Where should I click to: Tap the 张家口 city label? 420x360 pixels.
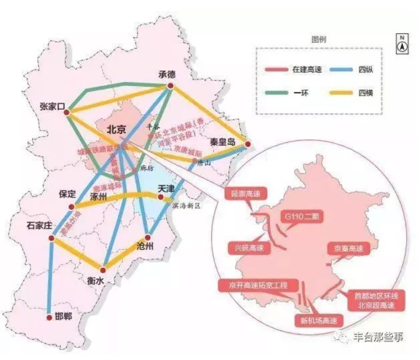[x=51, y=106]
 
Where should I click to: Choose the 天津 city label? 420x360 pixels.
[x=163, y=189]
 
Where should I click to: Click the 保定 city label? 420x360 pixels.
[x=68, y=194]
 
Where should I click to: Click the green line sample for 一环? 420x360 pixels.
[x=277, y=92]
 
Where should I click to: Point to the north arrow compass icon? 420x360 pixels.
[x=401, y=43]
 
